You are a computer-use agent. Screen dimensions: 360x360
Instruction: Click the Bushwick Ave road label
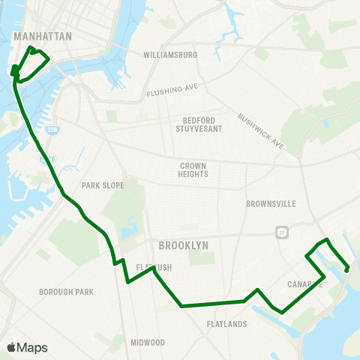pyautogui.click(x=262, y=130)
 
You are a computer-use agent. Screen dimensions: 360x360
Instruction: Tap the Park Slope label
pyautogui.click(x=100, y=185)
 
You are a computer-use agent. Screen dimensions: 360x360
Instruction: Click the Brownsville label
pyautogui.click(x=271, y=203)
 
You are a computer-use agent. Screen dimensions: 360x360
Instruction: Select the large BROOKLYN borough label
pyautogui.click(x=183, y=245)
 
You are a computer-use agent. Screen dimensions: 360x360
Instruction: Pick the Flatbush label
pyautogui.click(x=154, y=267)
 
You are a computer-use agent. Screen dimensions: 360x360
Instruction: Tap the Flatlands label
pyautogui.click(x=226, y=324)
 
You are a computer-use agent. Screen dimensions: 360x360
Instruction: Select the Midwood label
pyautogui.click(x=148, y=342)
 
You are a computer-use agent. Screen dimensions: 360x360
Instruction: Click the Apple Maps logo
pyautogui.click(x=11, y=347)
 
